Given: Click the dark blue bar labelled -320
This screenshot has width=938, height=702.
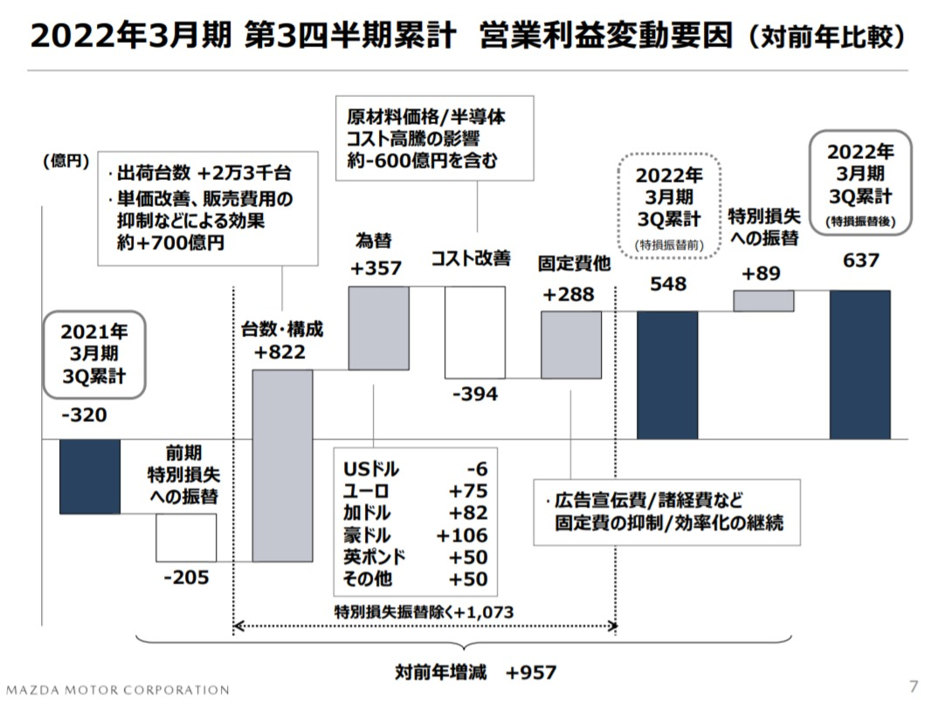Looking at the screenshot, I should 89,476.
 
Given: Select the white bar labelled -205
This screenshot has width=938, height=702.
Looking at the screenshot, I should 186,538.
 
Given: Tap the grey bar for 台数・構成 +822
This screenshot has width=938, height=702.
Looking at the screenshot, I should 282,465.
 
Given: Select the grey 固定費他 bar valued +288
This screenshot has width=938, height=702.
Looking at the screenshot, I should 570,345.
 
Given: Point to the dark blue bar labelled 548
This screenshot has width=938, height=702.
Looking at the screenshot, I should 667,375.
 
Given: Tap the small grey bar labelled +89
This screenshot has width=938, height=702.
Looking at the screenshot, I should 763,300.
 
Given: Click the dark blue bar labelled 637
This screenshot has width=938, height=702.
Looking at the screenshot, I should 859,364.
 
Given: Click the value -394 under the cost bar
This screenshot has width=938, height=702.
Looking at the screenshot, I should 475,395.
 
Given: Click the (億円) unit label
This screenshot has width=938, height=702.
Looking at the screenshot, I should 66,161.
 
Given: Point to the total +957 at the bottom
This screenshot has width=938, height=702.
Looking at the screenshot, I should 531,672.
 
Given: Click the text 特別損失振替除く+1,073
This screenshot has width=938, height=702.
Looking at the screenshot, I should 424,610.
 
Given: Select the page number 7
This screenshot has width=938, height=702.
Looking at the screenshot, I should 914,684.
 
